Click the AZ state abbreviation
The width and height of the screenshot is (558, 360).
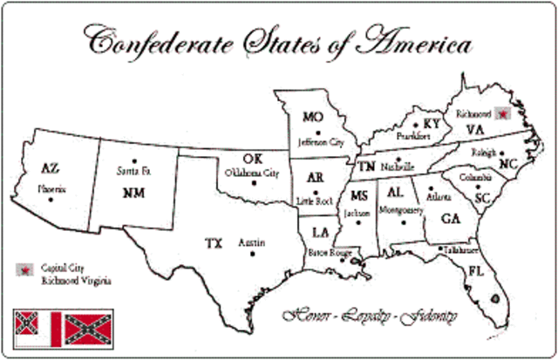[50, 169]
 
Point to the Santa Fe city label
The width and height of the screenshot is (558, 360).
[132, 172]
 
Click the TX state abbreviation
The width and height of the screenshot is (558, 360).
[214, 242]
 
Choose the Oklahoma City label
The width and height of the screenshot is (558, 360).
[252, 172]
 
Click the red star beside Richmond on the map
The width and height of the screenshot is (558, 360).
[502, 112]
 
